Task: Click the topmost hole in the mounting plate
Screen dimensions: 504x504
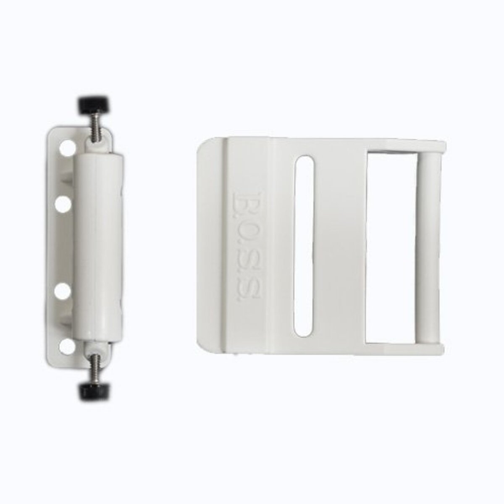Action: [66, 148]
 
